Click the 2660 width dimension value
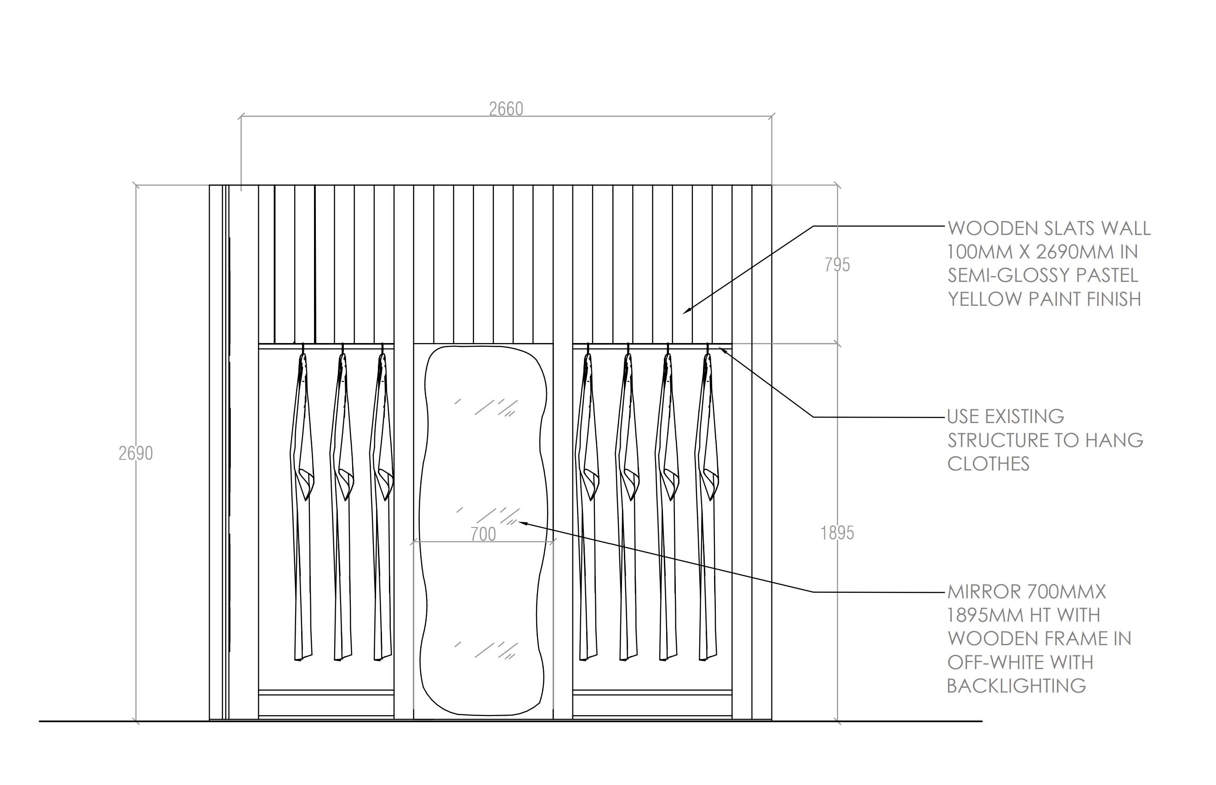506,109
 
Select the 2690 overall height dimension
136,453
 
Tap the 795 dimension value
837,265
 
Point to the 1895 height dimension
837,533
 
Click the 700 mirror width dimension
483,534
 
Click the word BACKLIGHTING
1016,686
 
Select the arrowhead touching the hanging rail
721,349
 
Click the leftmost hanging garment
302,504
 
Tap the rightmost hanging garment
707,504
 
